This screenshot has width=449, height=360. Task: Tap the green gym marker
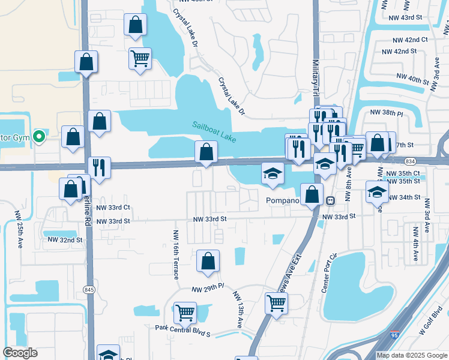pos(40,137)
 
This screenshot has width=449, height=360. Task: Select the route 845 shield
pos(89,290)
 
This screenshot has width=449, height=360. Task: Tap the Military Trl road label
pos(316,72)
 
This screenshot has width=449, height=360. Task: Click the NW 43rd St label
pos(408,17)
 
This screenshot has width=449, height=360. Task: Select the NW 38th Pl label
pos(387,112)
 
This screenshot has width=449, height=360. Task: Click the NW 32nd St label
pos(64,240)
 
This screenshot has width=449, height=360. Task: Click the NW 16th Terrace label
pos(176,254)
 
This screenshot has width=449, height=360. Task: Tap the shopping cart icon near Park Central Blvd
pos(185,313)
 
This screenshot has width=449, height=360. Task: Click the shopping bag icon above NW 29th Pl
pos(208,261)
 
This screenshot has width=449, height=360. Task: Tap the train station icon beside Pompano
pos(330,200)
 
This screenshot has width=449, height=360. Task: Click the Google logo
pos(20,353)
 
